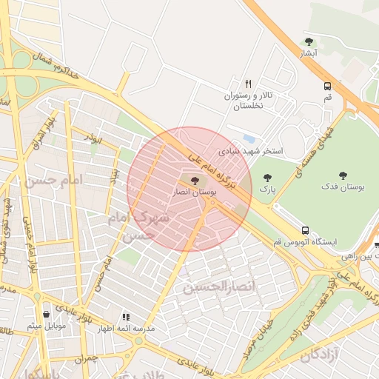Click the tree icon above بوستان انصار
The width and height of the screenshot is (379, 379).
click(x=195, y=181)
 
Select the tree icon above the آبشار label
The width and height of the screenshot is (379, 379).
click(x=309, y=42)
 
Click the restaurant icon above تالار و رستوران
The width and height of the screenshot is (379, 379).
click(x=248, y=84)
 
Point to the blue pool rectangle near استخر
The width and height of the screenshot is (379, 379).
click(x=249, y=138)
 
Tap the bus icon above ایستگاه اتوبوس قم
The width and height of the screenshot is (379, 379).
click(x=306, y=230)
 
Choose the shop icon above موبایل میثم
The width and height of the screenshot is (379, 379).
click(x=47, y=314)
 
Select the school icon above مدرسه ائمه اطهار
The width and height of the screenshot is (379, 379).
click(x=125, y=317)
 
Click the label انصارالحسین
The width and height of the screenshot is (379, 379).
click(x=218, y=286)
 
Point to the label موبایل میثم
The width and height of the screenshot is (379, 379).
click(x=46, y=326)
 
